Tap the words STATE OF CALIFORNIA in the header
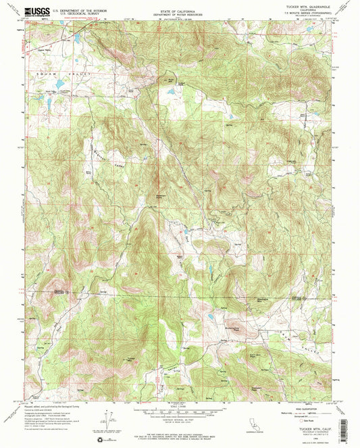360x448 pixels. (x=180, y=9)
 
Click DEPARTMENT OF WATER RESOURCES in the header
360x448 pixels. (x=180, y=14)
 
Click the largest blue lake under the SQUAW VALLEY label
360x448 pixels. (x=59, y=85)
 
